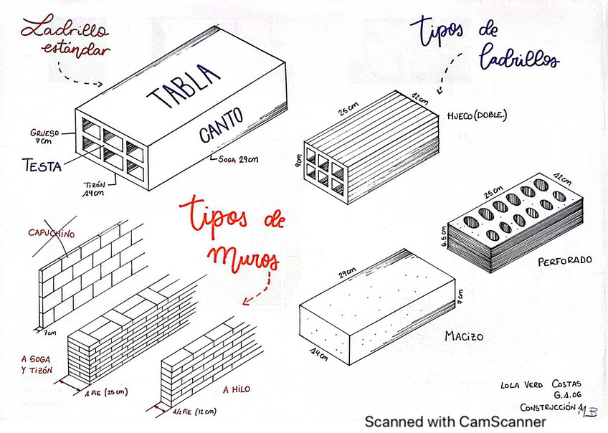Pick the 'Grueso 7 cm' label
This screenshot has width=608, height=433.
pyautogui.click(x=44, y=136)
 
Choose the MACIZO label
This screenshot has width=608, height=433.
pyautogui.click(x=464, y=336)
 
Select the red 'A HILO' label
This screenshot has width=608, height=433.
pyautogui.click(x=236, y=390)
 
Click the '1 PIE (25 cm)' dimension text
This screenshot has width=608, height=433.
pyautogui.click(x=105, y=393)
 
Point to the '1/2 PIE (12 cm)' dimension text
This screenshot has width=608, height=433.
pyautogui.click(x=195, y=411)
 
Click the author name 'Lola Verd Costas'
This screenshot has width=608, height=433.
pyautogui.click(x=539, y=385)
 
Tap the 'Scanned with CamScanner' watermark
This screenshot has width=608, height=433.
pyautogui.click(x=455, y=422)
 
